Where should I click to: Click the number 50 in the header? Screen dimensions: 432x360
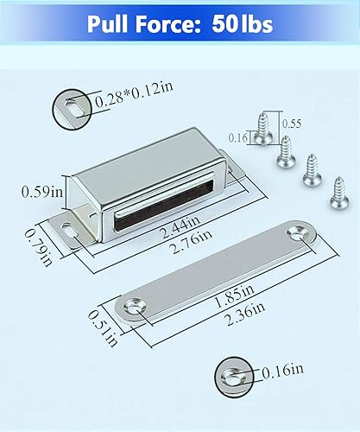227,23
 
